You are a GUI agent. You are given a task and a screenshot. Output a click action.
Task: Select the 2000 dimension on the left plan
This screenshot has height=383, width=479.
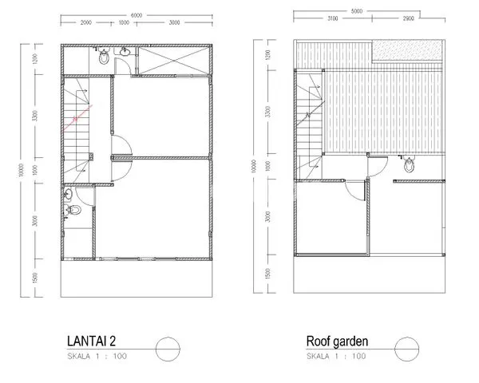click(x=86, y=23)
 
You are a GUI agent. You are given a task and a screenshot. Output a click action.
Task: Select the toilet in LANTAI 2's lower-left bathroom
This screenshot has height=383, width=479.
click(x=73, y=211)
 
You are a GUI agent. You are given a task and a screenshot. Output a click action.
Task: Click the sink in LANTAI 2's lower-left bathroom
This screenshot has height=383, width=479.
click(x=68, y=194)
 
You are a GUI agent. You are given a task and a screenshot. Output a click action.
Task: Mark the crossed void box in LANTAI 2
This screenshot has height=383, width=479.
click(x=174, y=61)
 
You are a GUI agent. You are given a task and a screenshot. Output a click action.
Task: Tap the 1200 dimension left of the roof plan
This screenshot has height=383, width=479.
click(x=268, y=57)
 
